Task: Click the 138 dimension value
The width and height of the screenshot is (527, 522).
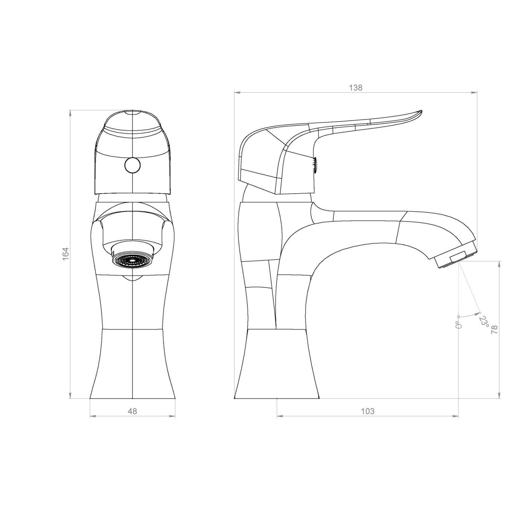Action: (x=355, y=88)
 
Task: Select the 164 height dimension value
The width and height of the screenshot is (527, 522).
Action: (x=66, y=254)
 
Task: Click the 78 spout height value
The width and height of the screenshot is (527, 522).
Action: (x=494, y=329)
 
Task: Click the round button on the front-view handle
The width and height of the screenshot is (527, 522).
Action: (x=133, y=165)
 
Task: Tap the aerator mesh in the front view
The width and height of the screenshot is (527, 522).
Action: (x=133, y=260)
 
